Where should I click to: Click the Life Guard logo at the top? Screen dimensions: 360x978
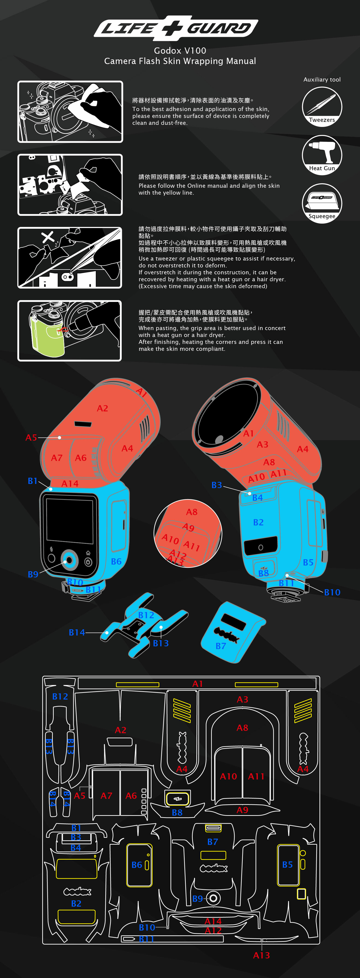click(176, 28)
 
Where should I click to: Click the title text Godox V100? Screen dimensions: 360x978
click(180, 50)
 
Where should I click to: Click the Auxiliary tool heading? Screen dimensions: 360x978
click(322, 79)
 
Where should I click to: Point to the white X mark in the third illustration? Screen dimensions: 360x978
click(48, 237)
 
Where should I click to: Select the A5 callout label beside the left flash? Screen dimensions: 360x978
click(31, 437)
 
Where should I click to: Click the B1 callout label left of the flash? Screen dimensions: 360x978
click(33, 481)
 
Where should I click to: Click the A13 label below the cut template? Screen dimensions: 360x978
click(261, 955)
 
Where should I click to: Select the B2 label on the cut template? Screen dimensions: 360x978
click(76, 903)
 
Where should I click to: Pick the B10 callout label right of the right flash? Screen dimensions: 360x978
click(332, 592)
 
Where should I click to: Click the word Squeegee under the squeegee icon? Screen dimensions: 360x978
click(322, 216)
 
